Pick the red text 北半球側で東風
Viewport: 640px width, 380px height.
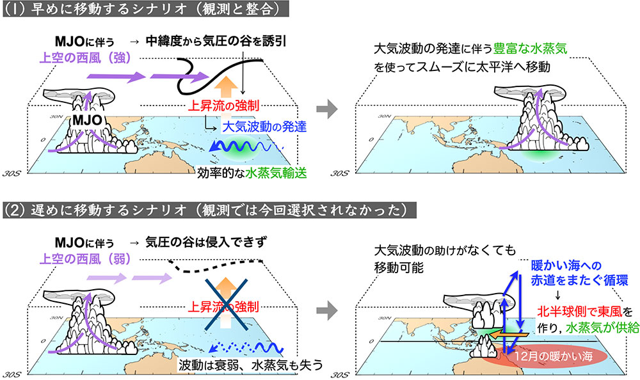click(580, 311)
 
